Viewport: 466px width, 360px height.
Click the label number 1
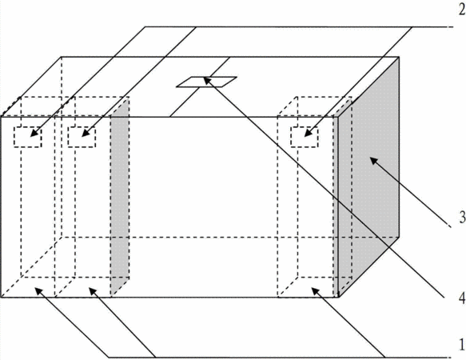[462, 345]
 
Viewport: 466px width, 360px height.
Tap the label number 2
[462, 10]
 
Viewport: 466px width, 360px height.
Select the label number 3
[462, 218]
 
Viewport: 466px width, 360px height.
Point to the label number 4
[462, 298]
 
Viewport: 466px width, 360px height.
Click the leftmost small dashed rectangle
[27, 137]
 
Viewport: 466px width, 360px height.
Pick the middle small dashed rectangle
[82, 137]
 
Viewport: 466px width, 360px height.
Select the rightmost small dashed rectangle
[305, 137]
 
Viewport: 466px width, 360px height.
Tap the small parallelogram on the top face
[206, 82]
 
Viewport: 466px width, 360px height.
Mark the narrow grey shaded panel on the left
[120, 196]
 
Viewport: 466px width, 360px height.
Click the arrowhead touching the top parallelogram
[208, 80]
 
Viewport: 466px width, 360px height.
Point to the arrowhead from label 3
[374, 162]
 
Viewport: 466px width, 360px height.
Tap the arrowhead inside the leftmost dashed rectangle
[34, 133]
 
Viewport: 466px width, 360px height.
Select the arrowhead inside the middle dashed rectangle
[86, 133]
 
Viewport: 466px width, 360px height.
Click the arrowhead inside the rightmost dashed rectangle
[309, 133]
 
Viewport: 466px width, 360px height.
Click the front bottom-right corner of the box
[338, 298]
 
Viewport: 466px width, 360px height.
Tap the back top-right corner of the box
[399, 57]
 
